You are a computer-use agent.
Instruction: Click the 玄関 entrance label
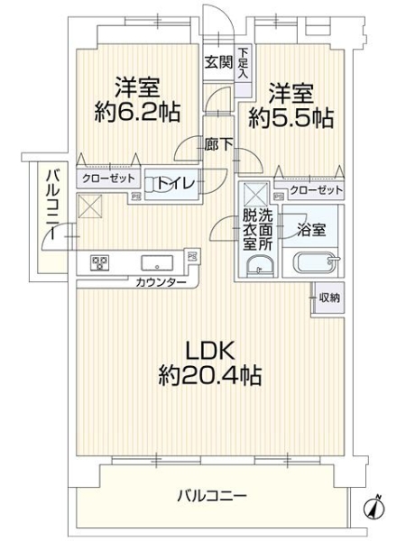219,62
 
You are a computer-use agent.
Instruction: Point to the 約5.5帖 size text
291,118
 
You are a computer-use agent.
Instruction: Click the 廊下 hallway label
218,144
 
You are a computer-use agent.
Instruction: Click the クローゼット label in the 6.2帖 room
108,179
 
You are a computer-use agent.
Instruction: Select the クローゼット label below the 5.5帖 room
317,189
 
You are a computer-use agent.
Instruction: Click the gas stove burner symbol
99,263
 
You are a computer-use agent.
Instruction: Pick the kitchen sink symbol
157,263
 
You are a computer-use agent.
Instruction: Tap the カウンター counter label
161,283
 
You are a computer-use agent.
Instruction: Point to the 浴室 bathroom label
311,230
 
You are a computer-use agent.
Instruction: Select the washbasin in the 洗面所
261,266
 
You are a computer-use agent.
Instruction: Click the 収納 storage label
329,298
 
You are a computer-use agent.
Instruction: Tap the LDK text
210,352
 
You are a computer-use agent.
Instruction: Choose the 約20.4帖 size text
209,375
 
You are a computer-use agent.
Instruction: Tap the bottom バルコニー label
212,496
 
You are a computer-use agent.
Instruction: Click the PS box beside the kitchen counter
192,256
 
